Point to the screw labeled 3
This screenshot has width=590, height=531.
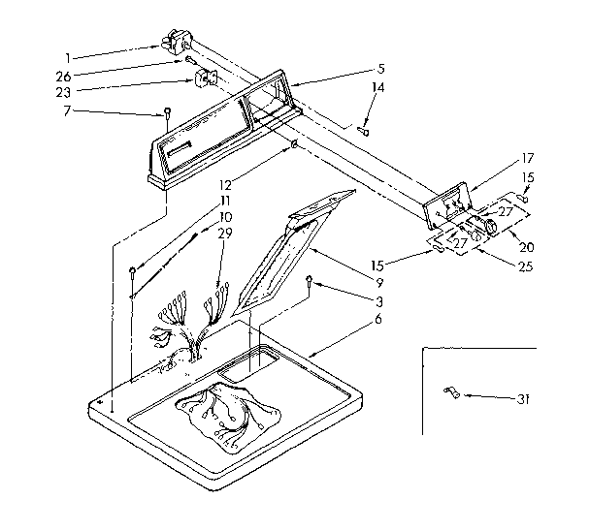310,282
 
